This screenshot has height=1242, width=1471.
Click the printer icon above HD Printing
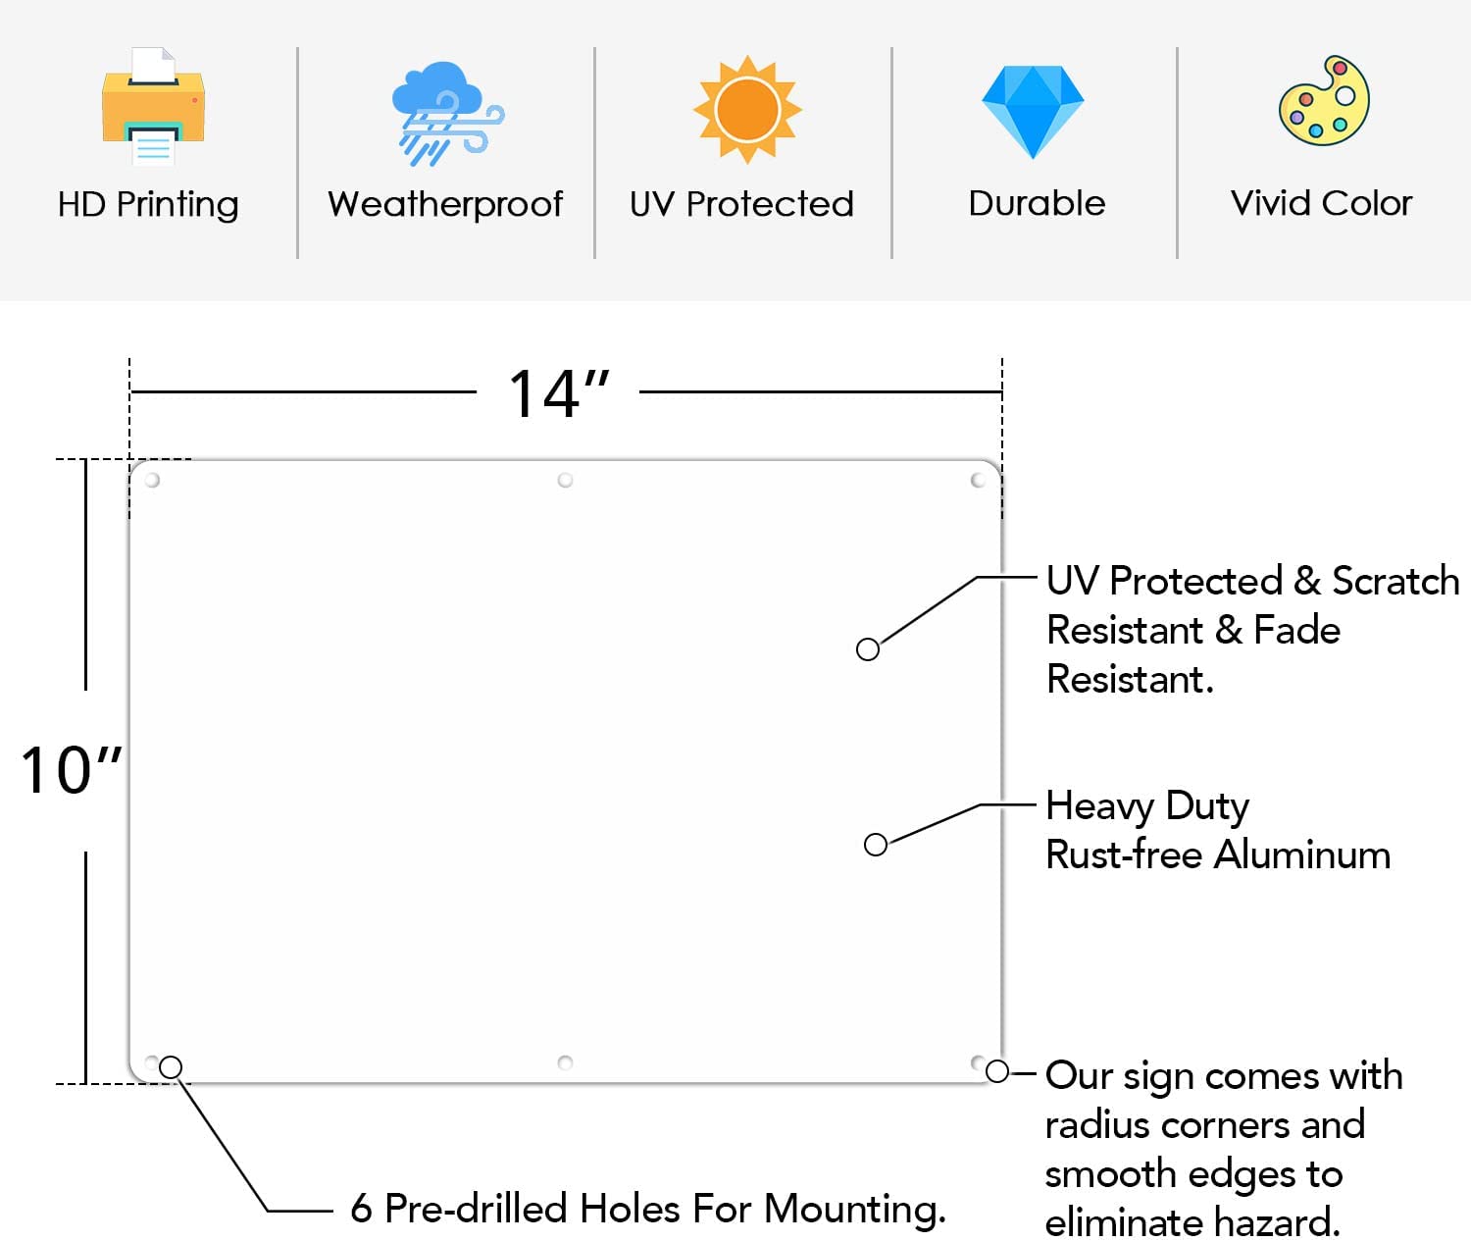[153, 106]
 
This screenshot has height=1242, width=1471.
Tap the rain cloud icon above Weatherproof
[447, 114]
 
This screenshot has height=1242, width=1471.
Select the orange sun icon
[747, 110]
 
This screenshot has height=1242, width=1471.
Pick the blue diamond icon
[1033, 112]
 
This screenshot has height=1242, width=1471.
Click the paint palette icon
[1325, 100]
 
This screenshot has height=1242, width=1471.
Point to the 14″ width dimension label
[559, 394]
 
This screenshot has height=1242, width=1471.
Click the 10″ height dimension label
[71, 770]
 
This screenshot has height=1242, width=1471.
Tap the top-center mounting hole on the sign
[565, 480]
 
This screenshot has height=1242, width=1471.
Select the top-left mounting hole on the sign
[152, 480]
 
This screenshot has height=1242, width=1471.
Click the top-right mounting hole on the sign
[978, 480]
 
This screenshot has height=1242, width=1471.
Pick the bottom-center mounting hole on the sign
[565, 1062]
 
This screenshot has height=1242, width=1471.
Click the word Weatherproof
[445, 204]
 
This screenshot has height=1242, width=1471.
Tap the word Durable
[1037, 203]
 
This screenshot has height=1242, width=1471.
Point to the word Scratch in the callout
[1395, 581]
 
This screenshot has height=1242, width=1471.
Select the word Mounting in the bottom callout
[854, 1210]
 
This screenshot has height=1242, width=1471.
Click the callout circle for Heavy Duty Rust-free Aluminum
[876, 845]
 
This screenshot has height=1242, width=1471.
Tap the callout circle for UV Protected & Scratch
[868, 649]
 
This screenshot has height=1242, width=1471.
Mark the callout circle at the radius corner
[997, 1071]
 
